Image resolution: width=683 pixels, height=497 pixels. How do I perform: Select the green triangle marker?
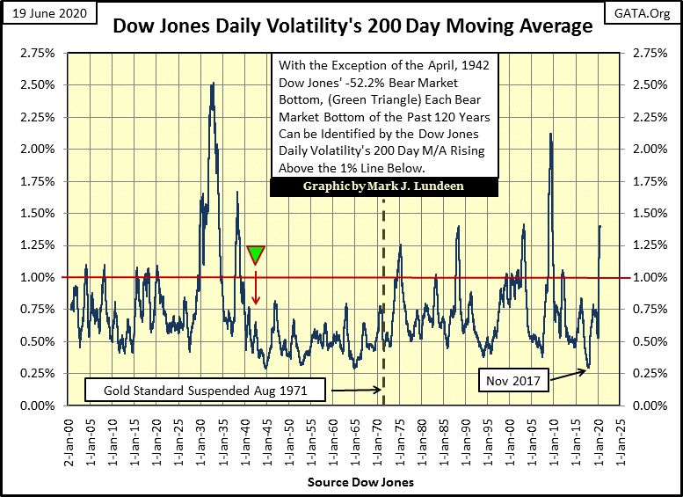pyautogui.click(x=256, y=255)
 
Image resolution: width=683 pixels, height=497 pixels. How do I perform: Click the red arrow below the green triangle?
pyautogui.click(x=256, y=286)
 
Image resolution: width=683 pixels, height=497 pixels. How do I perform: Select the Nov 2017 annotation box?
pyautogui.click(x=511, y=381)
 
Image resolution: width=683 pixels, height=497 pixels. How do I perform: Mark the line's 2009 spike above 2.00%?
pyautogui.click(x=550, y=134)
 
